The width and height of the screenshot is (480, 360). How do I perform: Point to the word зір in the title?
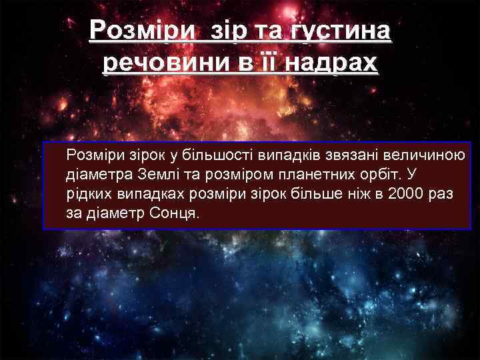[x=231, y=31]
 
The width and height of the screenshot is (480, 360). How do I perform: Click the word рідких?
[x=87, y=195]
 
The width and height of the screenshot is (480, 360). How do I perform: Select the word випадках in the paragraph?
[x=149, y=195]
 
